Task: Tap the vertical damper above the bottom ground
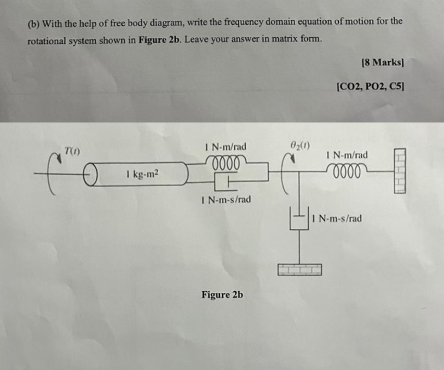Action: (299, 222)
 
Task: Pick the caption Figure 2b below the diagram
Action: (222, 294)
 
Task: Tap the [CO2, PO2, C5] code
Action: (371, 85)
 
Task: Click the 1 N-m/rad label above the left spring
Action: (224, 147)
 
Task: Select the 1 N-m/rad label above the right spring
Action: (347, 155)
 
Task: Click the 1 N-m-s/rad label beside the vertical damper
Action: (336, 219)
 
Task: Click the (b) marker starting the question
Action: (33, 22)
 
